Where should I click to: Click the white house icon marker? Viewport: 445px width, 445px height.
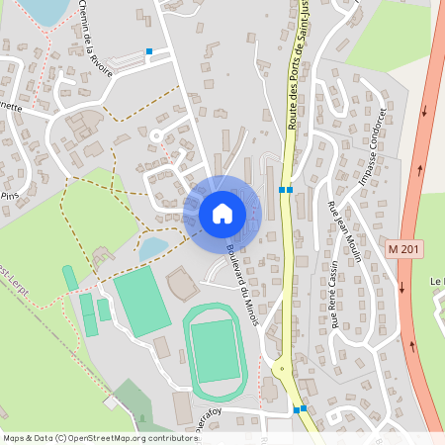point(222,213)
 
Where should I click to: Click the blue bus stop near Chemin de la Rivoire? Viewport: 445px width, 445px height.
point(149,51)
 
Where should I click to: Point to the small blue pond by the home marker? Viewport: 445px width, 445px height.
point(153,247)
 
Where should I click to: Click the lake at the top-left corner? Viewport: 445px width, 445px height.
point(40,9)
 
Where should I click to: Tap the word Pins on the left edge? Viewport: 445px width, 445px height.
point(10,196)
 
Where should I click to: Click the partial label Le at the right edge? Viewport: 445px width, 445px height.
point(437,282)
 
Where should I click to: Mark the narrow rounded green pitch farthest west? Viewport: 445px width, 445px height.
point(70,278)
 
